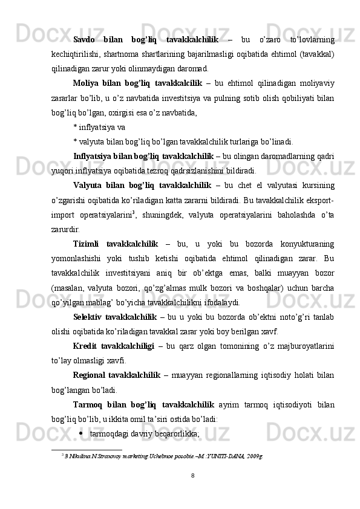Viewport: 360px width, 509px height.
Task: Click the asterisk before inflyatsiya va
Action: (x=74, y=128)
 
